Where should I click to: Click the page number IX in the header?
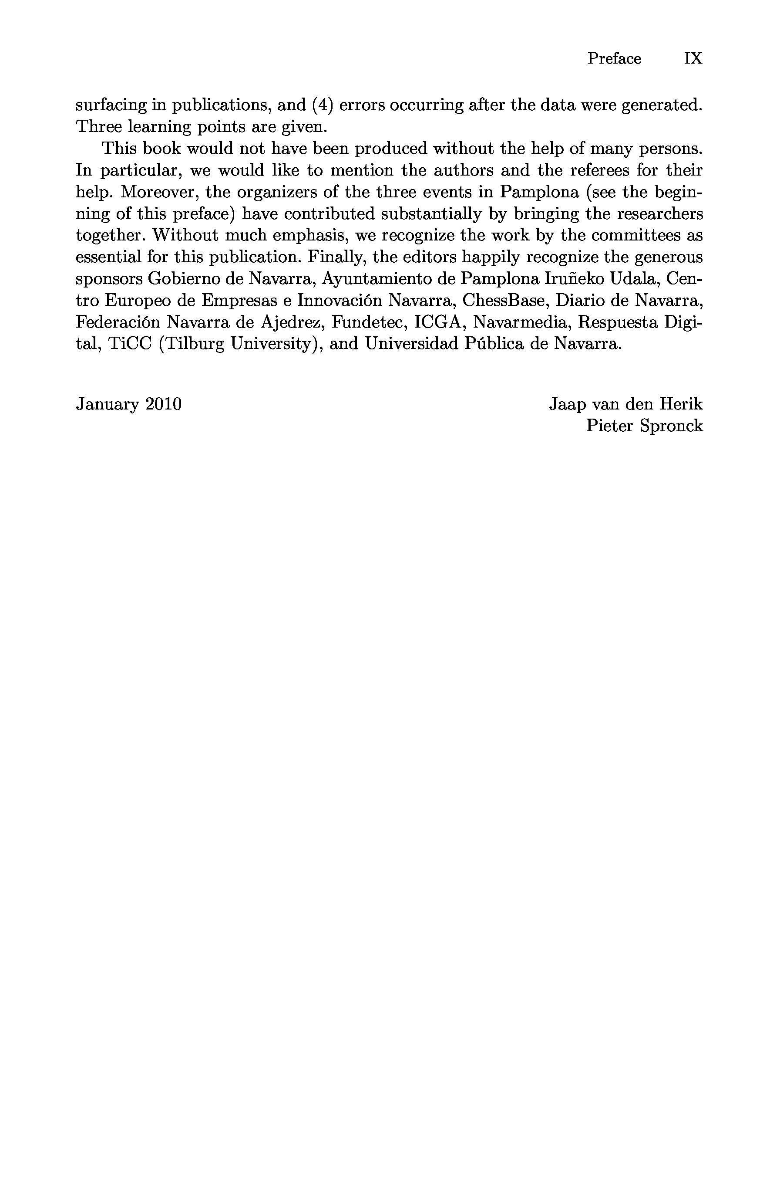tap(693, 59)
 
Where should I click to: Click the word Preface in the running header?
tap(614, 59)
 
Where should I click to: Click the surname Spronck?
tap(671, 426)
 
